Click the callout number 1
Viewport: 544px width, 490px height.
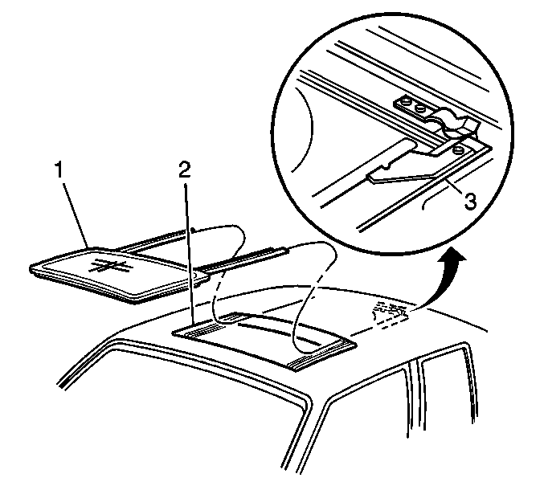60,170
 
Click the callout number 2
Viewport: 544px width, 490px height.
185,169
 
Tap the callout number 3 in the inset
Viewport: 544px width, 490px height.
470,202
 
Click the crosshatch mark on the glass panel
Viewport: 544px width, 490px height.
110,266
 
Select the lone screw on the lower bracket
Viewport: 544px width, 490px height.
458,149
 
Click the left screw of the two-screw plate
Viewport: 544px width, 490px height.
407,103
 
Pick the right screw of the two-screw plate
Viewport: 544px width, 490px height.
420,109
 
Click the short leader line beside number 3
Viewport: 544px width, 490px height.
451,184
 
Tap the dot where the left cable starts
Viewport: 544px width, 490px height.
193,230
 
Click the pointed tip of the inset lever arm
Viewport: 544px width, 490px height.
369,178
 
